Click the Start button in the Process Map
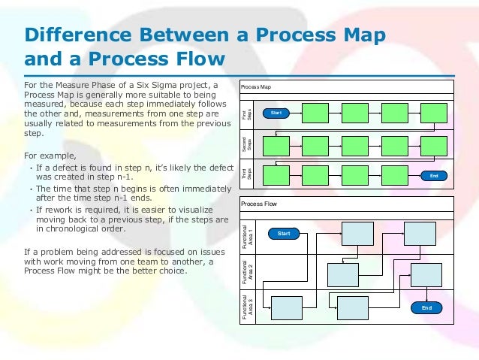(x=276, y=113)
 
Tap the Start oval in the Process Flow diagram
(x=284, y=234)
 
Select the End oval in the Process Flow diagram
(x=426, y=307)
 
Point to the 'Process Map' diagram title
(x=256, y=87)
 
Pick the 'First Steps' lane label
(x=245, y=114)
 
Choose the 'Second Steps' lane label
(x=245, y=144)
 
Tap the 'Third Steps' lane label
(x=245, y=174)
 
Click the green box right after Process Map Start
(x=316, y=113)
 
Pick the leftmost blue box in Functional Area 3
(x=286, y=307)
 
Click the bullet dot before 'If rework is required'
(x=30, y=210)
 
